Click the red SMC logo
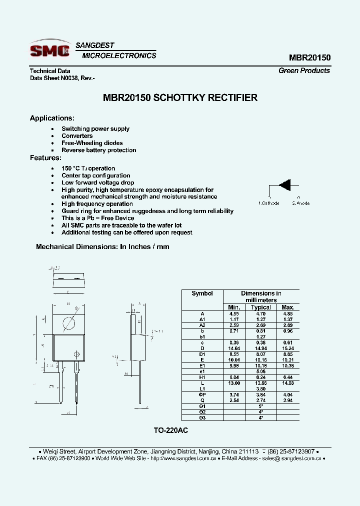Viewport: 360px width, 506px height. coord(49,49)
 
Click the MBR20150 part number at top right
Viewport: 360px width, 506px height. coord(309,57)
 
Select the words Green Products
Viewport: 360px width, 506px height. coord(304,70)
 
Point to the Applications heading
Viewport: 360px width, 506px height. coord(52,118)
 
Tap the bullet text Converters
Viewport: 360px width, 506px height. coord(77,136)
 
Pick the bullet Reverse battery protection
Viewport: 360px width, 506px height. coord(98,150)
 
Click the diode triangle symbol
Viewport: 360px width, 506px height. coord(284,184)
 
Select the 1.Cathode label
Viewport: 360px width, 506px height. coord(268,203)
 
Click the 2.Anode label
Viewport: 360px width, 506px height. coord(300,203)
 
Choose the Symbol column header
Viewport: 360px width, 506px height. coord(202,293)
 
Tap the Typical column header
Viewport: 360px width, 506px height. coord(260,307)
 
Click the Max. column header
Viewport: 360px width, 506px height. coord(287,307)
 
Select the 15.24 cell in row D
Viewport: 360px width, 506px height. coord(287,348)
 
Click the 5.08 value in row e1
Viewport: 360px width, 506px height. coord(260,371)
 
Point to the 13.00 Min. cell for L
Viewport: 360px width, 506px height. coord(234,383)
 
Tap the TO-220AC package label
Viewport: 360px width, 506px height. coord(170,430)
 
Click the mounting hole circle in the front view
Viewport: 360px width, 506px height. coord(69,323)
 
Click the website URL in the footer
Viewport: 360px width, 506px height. coord(182,458)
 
